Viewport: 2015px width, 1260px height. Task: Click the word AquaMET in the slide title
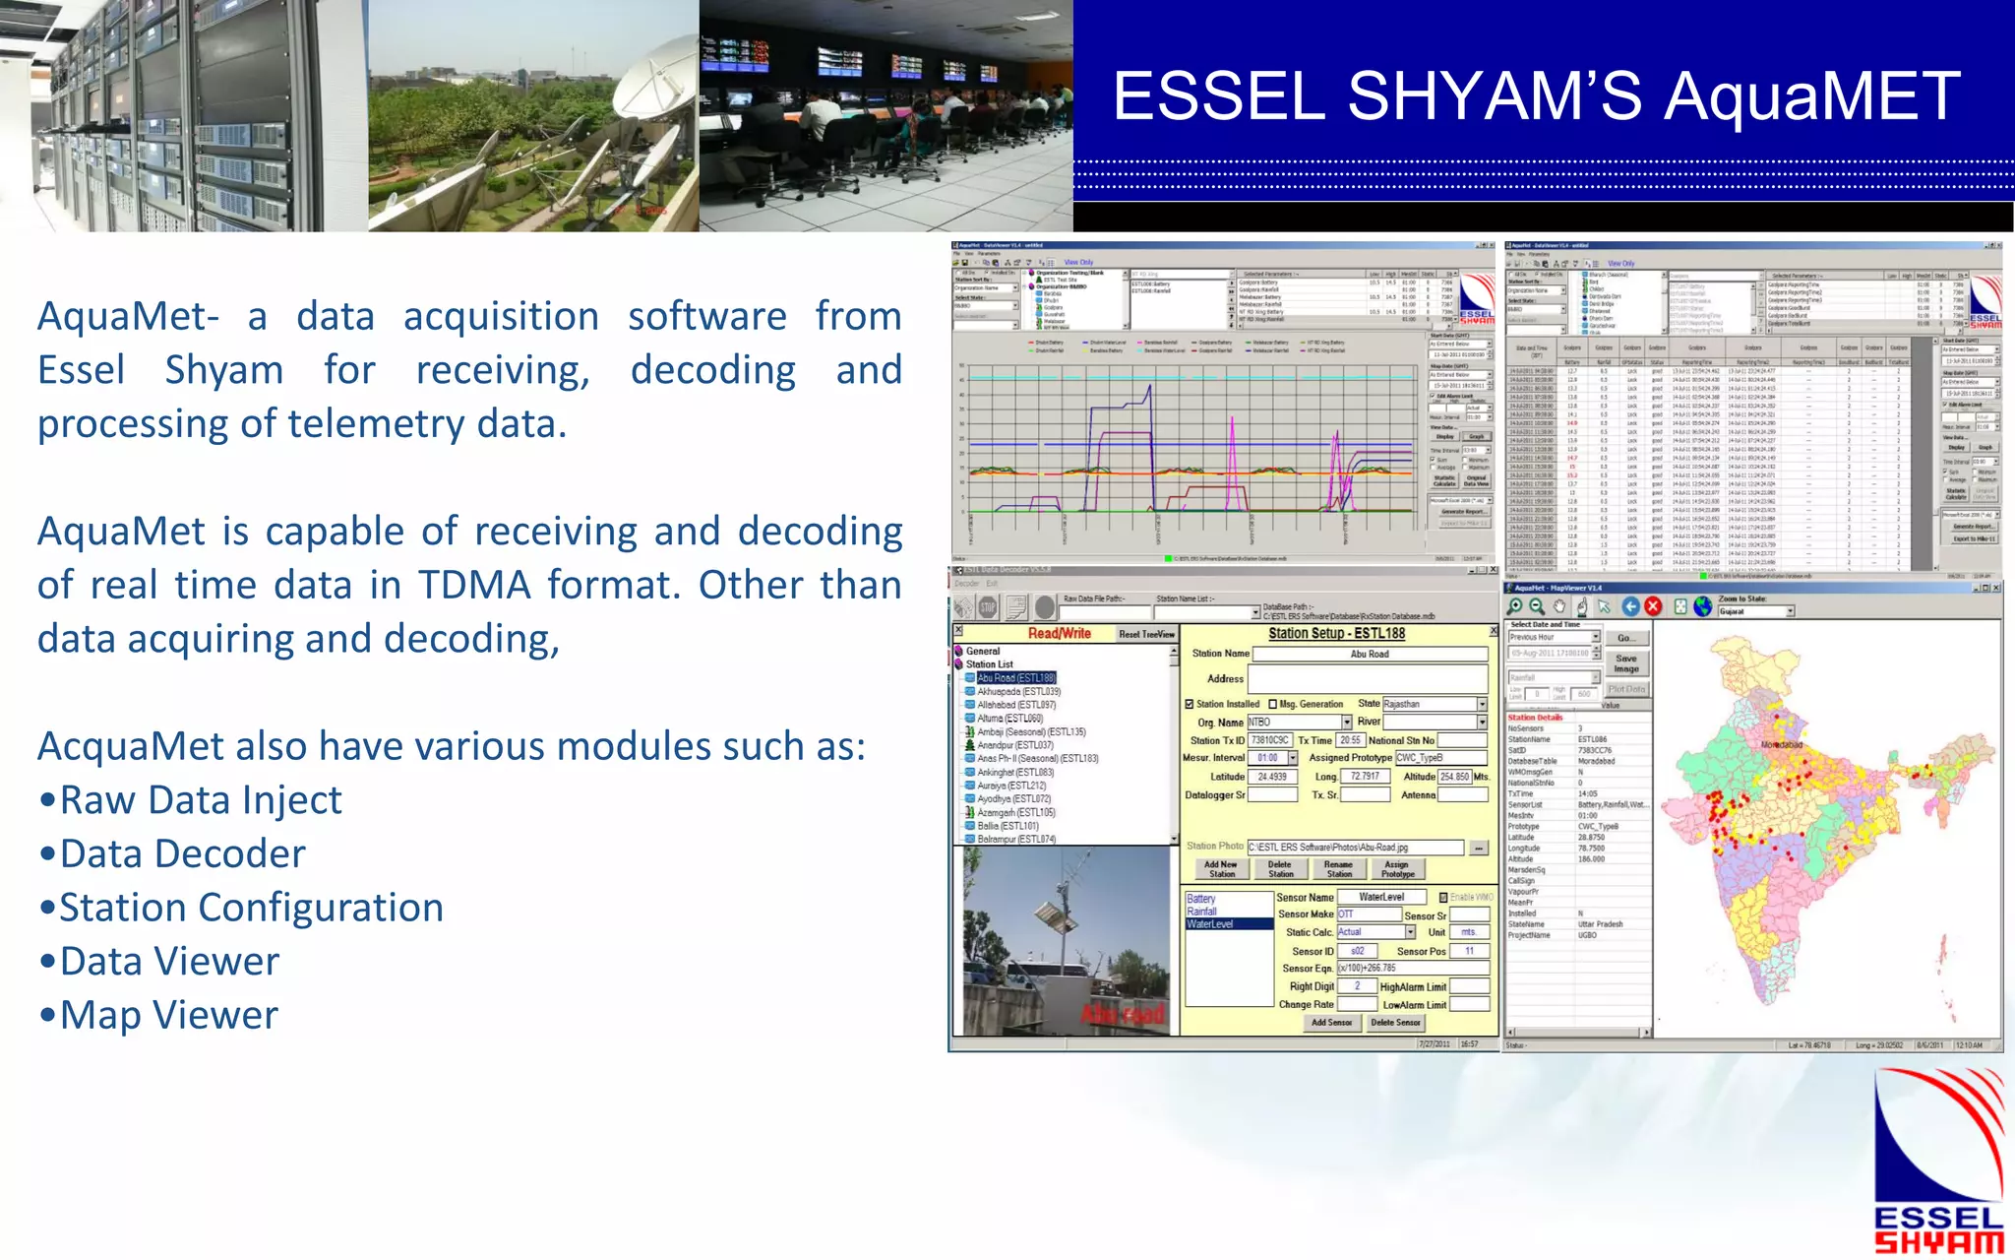pyautogui.click(x=1812, y=96)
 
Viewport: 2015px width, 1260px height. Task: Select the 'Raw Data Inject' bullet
pyautogui.click(x=201, y=800)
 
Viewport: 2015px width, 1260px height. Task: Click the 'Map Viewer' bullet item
pyautogui.click(x=169, y=1015)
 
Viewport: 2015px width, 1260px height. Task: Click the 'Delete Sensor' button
pyautogui.click(x=1395, y=1023)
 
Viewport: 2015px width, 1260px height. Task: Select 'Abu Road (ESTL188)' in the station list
pyautogui.click(x=1015, y=678)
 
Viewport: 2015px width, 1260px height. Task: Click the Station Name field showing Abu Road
pyautogui.click(x=1370, y=654)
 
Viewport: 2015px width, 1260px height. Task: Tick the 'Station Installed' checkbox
pyautogui.click(x=1190, y=704)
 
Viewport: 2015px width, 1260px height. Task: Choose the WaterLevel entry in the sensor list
pyautogui.click(x=1210, y=924)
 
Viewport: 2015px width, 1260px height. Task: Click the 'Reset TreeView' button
pyautogui.click(x=1146, y=634)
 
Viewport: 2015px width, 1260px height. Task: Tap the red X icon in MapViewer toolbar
pyautogui.click(x=1653, y=606)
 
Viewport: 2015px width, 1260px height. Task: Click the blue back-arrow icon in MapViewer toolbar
pyautogui.click(x=1630, y=606)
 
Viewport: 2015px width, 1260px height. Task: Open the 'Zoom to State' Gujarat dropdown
pyautogui.click(x=1790, y=611)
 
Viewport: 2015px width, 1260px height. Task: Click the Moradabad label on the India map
pyautogui.click(x=1781, y=745)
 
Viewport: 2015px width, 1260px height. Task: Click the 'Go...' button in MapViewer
pyautogui.click(x=1625, y=638)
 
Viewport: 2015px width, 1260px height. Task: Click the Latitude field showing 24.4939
pyautogui.click(x=1272, y=777)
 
